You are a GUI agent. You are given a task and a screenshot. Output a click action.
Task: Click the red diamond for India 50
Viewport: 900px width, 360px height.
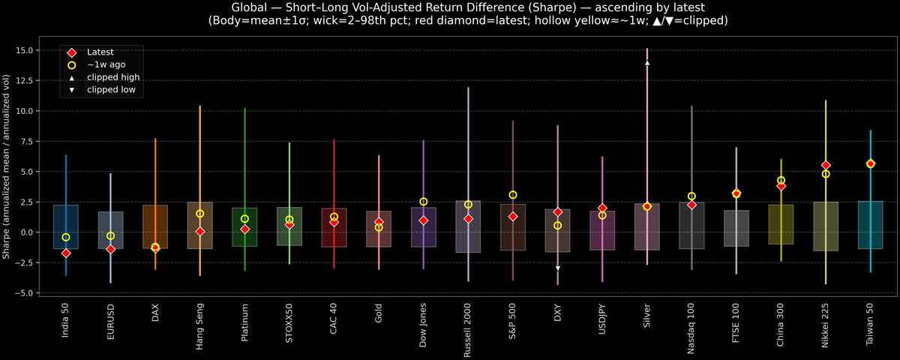(x=66, y=253)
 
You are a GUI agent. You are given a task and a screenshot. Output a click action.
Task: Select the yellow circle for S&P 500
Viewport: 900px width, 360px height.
(x=513, y=195)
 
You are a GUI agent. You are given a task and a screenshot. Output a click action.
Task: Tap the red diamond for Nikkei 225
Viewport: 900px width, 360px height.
(x=826, y=165)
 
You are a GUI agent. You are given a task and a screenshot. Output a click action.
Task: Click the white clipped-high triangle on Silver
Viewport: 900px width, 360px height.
(x=647, y=63)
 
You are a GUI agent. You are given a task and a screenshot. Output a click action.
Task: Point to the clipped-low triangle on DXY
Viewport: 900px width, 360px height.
(x=558, y=268)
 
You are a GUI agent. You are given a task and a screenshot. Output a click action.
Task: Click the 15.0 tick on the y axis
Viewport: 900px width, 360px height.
(x=29, y=50)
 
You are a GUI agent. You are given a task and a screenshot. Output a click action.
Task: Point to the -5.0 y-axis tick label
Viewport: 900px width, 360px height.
(x=29, y=292)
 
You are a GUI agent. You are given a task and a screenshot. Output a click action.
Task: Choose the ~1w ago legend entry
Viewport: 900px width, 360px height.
(x=106, y=65)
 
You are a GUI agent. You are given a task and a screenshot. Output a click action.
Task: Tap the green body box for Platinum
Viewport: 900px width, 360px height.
(x=244, y=226)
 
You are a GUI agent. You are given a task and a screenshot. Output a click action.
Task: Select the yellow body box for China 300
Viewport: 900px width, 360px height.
(x=781, y=224)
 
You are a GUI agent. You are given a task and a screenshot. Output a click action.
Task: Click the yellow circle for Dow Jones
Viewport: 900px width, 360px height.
(x=424, y=202)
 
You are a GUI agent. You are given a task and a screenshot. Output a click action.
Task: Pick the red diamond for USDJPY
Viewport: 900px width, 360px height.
(x=602, y=208)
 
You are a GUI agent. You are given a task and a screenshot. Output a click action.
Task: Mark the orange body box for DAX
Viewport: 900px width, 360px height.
(x=155, y=226)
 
